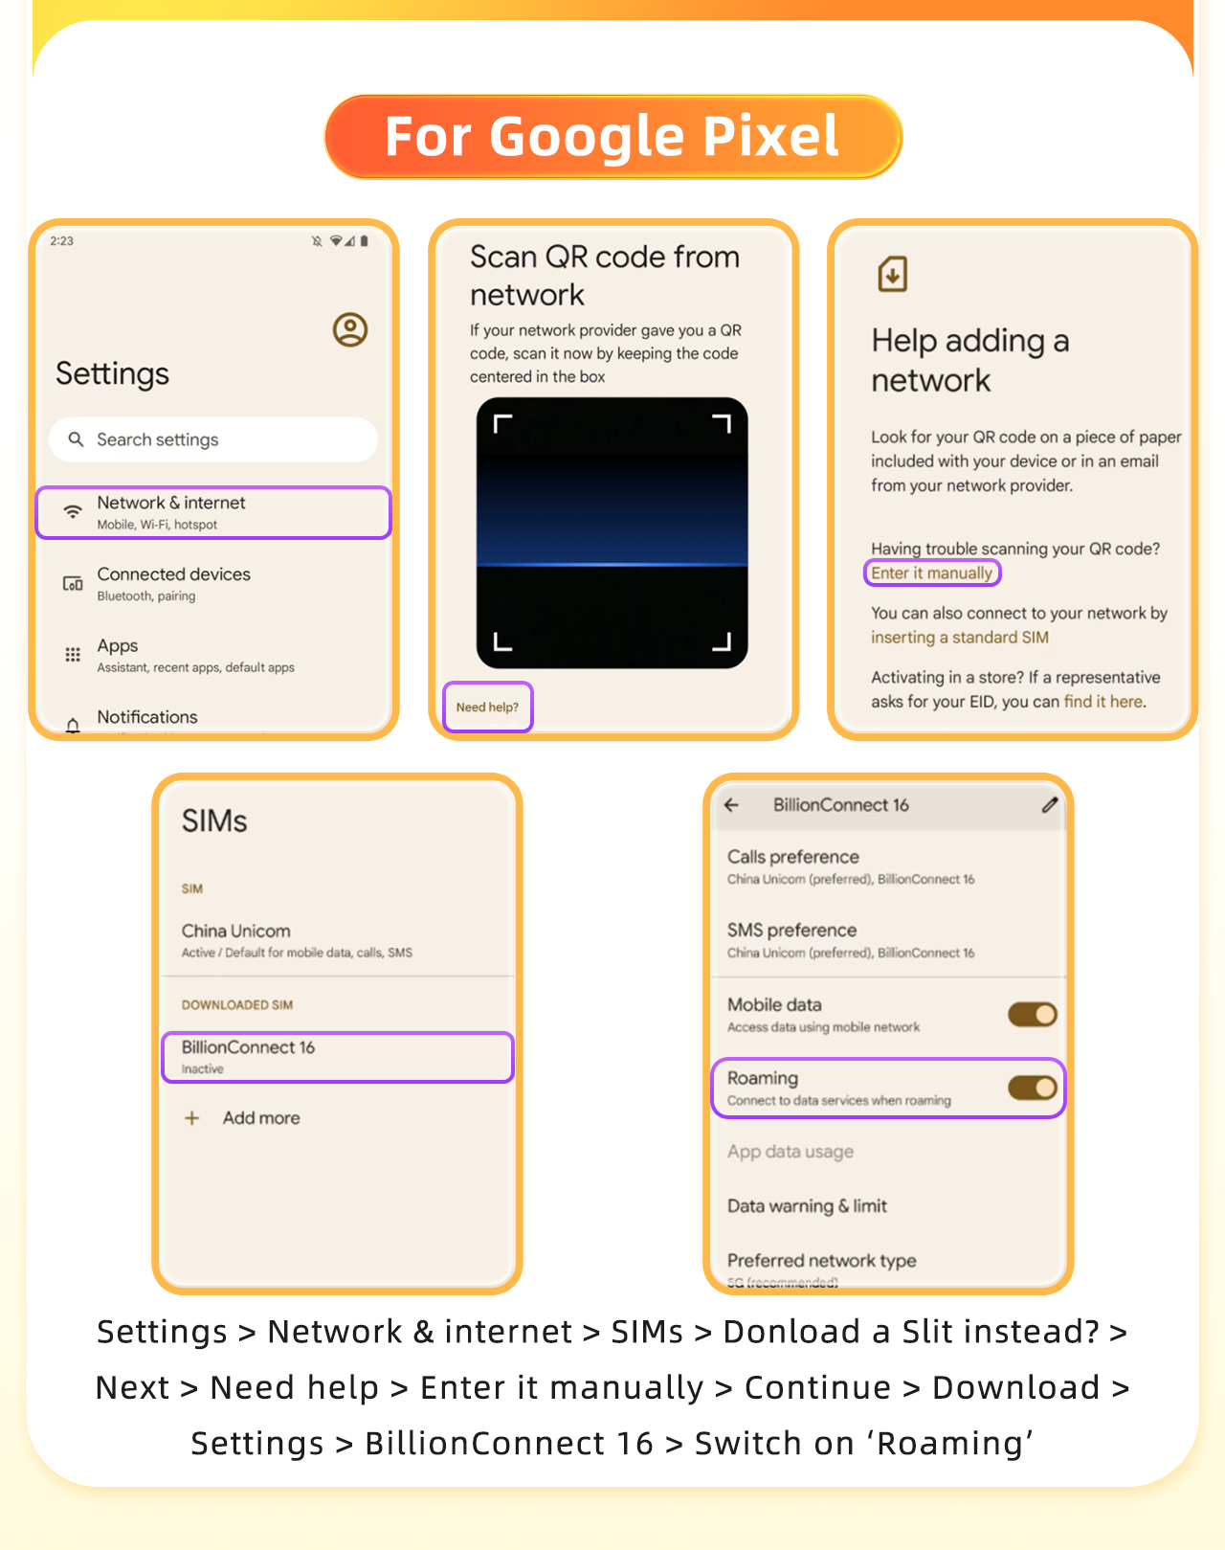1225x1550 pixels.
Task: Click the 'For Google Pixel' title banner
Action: [612, 136]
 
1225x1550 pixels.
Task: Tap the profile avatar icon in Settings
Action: [350, 329]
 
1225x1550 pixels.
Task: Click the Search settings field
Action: [212, 439]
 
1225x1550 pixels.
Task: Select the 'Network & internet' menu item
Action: [212, 512]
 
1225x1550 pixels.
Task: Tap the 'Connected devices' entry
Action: [174, 582]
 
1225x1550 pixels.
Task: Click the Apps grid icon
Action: [73, 655]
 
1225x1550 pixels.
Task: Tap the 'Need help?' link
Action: [487, 708]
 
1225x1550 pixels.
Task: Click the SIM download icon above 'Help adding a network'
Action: [892, 275]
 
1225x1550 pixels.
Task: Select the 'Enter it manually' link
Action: [931, 573]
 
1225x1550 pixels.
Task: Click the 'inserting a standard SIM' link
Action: [959, 638]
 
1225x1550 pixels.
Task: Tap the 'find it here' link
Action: [1103, 702]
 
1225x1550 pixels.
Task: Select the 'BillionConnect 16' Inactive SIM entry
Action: [337, 1057]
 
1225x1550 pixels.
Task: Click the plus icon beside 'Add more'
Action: [192, 1118]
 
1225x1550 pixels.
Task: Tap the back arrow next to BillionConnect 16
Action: [732, 805]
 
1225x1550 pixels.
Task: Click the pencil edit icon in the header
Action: [1050, 805]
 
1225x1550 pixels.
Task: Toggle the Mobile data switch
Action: [1032, 1014]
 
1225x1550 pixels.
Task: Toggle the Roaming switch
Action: [1032, 1088]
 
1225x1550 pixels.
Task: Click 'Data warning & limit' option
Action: [807, 1206]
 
